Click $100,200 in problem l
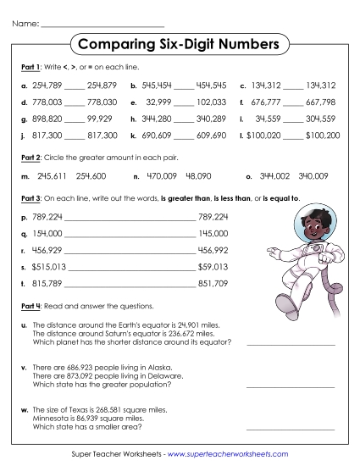322,135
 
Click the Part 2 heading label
30,158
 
